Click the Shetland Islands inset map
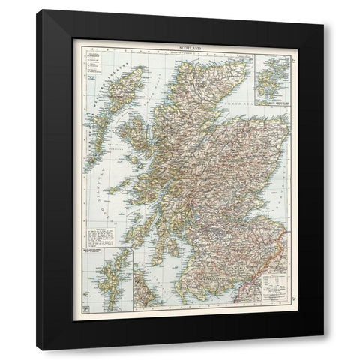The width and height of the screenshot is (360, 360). coord(103,284)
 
